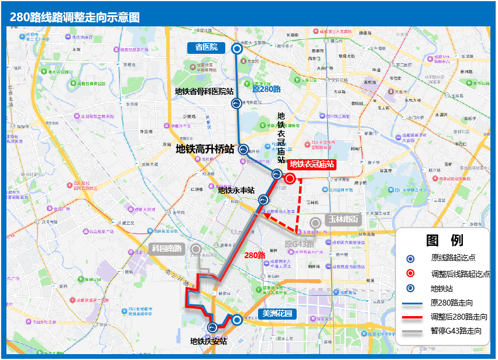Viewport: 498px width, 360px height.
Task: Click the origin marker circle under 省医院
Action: coord(238,49)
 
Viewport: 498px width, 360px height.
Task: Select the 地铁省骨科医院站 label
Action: coord(204,91)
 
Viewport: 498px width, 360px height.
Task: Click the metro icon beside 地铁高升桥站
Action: coord(243,149)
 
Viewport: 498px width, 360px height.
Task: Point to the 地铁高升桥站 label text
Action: coord(205,150)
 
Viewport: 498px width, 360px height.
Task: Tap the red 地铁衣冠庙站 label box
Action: coord(312,164)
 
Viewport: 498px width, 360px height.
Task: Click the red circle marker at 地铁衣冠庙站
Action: coord(290,179)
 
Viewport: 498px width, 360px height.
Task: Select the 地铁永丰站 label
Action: coord(236,190)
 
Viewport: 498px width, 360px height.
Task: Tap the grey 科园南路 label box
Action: coord(167,248)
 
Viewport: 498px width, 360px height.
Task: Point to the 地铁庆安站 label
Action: coord(208,341)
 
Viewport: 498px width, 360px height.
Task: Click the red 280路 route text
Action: coord(255,255)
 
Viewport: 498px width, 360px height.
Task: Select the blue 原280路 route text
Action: coord(266,90)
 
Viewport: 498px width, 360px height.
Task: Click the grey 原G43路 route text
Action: coord(300,244)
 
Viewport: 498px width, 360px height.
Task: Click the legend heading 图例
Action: coord(444,240)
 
